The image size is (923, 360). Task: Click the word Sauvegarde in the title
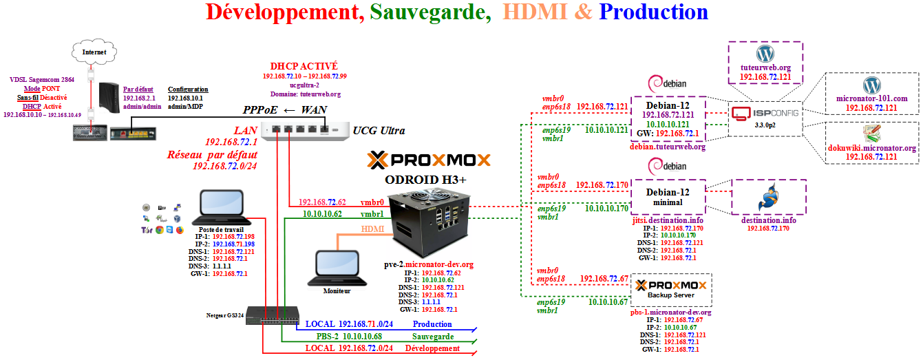click(x=430, y=12)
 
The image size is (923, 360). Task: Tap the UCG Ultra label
click(x=378, y=130)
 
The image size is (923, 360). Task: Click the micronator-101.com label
click(x=871, y=99)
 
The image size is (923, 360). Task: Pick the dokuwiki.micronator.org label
click(x=871, y=148)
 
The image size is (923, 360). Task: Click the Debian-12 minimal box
click(x=667, y=198)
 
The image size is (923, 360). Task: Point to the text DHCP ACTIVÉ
click(x=304, y=65)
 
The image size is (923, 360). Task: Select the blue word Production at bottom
click(x=432, y=324)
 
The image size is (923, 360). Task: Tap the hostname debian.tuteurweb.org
click(x=668, y=147)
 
